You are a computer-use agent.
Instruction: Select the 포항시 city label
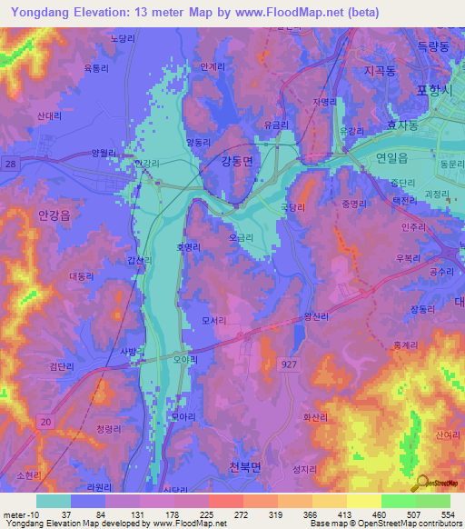coord(433,89)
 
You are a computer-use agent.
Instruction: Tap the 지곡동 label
coord(381,70)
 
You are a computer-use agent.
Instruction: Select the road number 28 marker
coord(9,163)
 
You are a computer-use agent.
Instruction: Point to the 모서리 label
coord(214,321)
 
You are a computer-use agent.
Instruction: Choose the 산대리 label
coord(49,116)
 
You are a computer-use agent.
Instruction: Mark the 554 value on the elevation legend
coord(445,514)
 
